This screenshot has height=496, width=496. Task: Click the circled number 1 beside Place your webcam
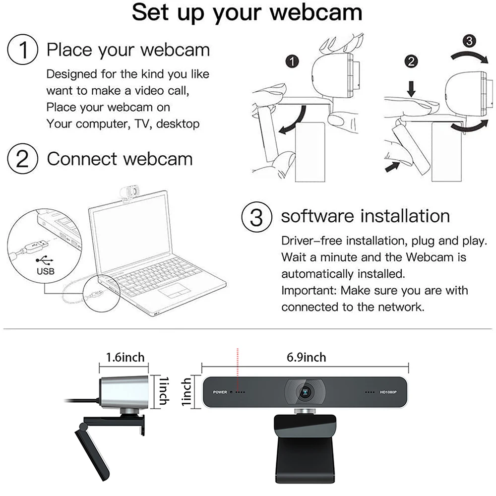(x=22, y=50)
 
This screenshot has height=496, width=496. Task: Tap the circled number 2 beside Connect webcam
(x=22, y=159)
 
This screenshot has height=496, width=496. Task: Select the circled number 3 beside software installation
(x=256, y=217)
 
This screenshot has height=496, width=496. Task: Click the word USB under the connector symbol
(x=46, y=271)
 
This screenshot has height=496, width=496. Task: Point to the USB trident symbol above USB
(x=45, y=260)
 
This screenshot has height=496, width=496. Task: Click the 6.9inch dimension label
(x=306, y=357)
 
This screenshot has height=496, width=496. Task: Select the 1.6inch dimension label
(x=125, y=357)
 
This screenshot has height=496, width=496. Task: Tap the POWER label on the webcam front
(x=220, y=392)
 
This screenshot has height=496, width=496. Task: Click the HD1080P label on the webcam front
(x=388, y=392)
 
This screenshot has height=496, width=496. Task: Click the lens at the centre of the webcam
(x=305, y=392)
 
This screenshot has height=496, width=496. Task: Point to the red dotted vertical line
(x=238, y=363)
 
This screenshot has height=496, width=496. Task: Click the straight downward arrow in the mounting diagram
(x=411, y=89)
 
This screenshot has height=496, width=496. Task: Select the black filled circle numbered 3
(x=469, y=41)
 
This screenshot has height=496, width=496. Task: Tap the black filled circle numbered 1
(x=292, y=62)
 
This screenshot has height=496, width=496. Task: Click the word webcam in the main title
(x=316, y=13)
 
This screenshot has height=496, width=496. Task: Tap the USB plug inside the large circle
(x=35, y=246)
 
